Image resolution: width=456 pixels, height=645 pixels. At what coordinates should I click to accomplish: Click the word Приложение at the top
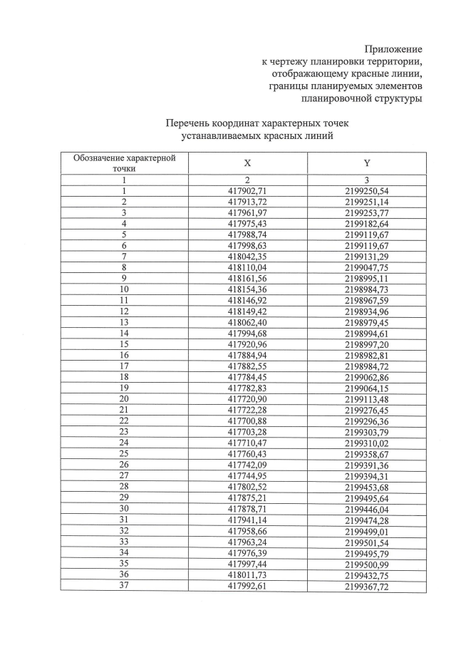tap(393, 49)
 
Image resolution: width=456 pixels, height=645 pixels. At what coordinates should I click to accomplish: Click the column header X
tap(247, 163)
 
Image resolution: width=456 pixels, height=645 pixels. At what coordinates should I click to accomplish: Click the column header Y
tap(367, 163)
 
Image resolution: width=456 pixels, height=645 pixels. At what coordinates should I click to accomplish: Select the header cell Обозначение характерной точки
tap(124, 163)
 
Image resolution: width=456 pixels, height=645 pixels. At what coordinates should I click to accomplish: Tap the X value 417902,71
tap(247, 191)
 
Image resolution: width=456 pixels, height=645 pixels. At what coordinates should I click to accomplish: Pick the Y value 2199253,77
tap(367, 212)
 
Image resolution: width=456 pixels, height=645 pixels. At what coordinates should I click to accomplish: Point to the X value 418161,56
tap(247, 277)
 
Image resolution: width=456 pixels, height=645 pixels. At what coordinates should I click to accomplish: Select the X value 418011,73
tap(247, 574)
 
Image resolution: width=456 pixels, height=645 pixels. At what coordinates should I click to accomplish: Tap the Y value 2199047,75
tap(367, 267)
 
